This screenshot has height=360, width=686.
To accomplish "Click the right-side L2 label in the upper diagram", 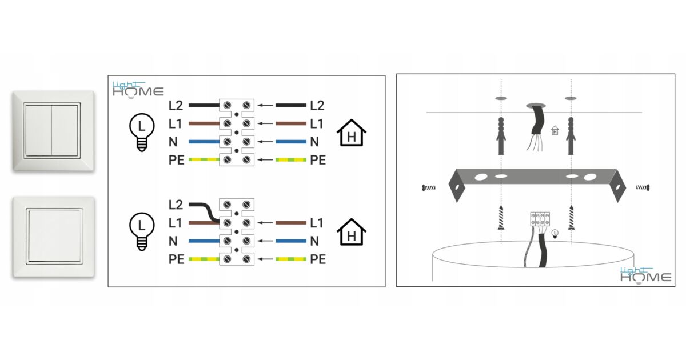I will coord(317,105).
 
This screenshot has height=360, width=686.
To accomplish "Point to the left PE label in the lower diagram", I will coord(177,259).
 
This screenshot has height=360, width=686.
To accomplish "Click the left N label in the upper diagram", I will coord(173,142).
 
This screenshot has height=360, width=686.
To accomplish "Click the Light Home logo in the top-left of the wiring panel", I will coord(137,89).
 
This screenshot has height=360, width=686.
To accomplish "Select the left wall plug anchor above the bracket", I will coord(501,136).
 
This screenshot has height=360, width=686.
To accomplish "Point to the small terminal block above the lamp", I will coord(540,219).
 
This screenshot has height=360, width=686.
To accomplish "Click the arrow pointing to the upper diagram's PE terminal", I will coord(265,160).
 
